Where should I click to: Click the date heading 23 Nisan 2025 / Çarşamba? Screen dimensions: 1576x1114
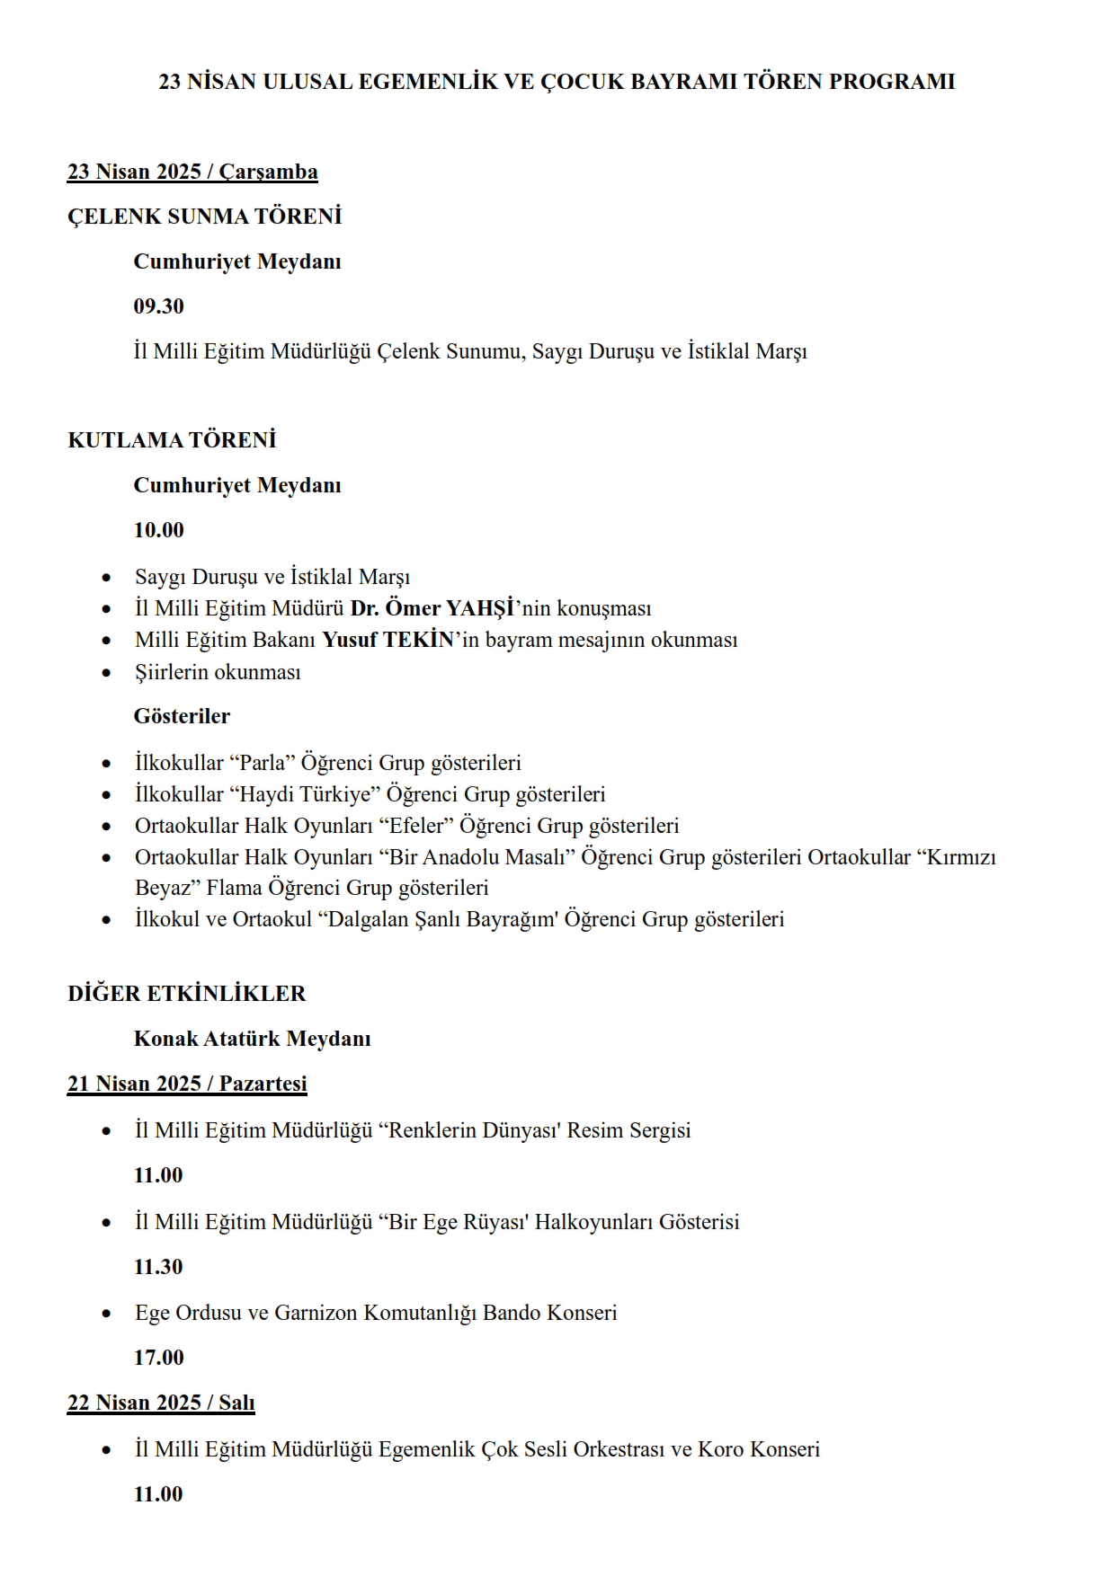click(x=192, y=172)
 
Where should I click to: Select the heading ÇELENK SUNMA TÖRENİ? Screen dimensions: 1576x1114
click(x=205, y=217)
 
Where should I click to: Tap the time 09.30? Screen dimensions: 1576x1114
click(x=159, y=306)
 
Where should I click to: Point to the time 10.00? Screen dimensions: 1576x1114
click(x=159, y=530)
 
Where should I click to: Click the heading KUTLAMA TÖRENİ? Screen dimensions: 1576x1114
click(x=172, y=440)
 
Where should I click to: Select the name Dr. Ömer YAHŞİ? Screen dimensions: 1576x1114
click(x=432, y=608)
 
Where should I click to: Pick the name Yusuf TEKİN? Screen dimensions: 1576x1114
click(x=388, y=640)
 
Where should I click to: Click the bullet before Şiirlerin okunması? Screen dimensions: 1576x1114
click(x=107, y=672)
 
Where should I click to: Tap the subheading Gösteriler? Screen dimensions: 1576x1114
click(x=182, y=716)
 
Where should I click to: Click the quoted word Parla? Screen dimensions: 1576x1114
click(x=263, y=763)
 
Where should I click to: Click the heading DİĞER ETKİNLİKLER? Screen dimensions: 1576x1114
click(x=187, y=994)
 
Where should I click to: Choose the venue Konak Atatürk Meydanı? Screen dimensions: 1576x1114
click(x=253, y=1039)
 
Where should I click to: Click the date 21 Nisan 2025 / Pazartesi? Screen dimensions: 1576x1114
click(x=187, y=1084)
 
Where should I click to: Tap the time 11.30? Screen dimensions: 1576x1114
click(x=158, y=1267)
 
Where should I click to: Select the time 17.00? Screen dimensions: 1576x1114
click(x=159, y=1358)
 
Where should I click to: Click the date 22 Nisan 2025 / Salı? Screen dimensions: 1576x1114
click(x=161, y=1403)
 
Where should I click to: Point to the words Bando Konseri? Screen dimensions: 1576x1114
click(x=550, y=1313)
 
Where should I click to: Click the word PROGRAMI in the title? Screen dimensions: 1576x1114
click(x=892, y=82)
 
